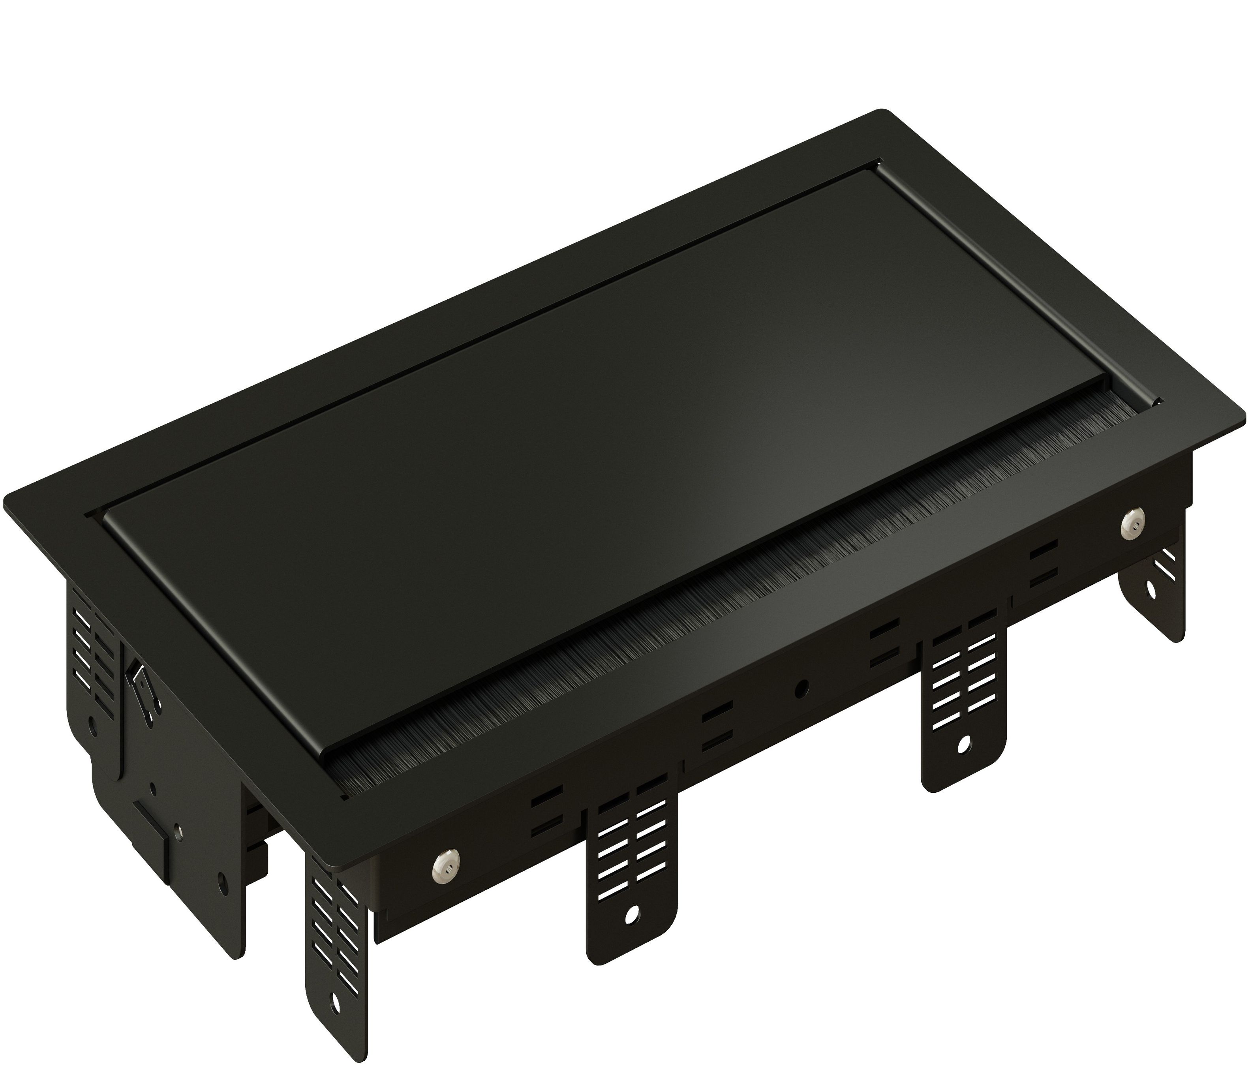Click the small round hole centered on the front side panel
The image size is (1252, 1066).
(x=802, y=687)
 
